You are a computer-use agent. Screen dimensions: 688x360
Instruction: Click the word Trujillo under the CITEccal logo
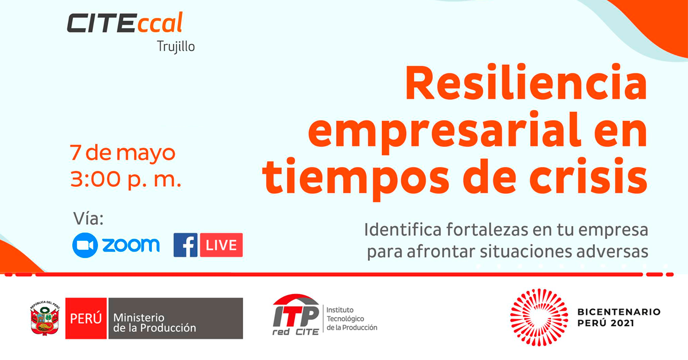click(x=175, y=47)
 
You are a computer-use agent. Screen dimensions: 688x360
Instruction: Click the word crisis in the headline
click(x=588, y=175)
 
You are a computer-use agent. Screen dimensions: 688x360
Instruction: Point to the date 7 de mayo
click(x=123, y=152)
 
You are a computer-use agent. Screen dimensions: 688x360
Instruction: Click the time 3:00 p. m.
click(x=126, y=179)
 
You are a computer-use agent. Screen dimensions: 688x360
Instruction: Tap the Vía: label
click(x=88, y=219)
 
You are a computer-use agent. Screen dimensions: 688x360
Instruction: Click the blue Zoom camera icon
click(x=85, y=245)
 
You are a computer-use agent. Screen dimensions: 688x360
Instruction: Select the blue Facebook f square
click(x=186, y=245)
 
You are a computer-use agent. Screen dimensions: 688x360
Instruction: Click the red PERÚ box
click(x=86, y=318)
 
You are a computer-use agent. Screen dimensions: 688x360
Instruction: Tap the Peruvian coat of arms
click(x=45, y=318)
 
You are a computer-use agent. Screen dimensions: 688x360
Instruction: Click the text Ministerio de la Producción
click(x=154, y=323)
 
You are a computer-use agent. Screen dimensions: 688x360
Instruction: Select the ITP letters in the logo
click(x=296, y=316)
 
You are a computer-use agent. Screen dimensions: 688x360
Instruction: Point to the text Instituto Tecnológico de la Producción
click(x=351, y=319)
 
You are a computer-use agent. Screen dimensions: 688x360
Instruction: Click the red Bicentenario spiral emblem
click(x=539, y=318)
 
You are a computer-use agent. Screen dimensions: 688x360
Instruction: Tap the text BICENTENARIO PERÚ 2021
click(x=619, y=318)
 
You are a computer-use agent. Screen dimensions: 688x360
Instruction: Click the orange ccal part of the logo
click(x=160, y=23)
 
